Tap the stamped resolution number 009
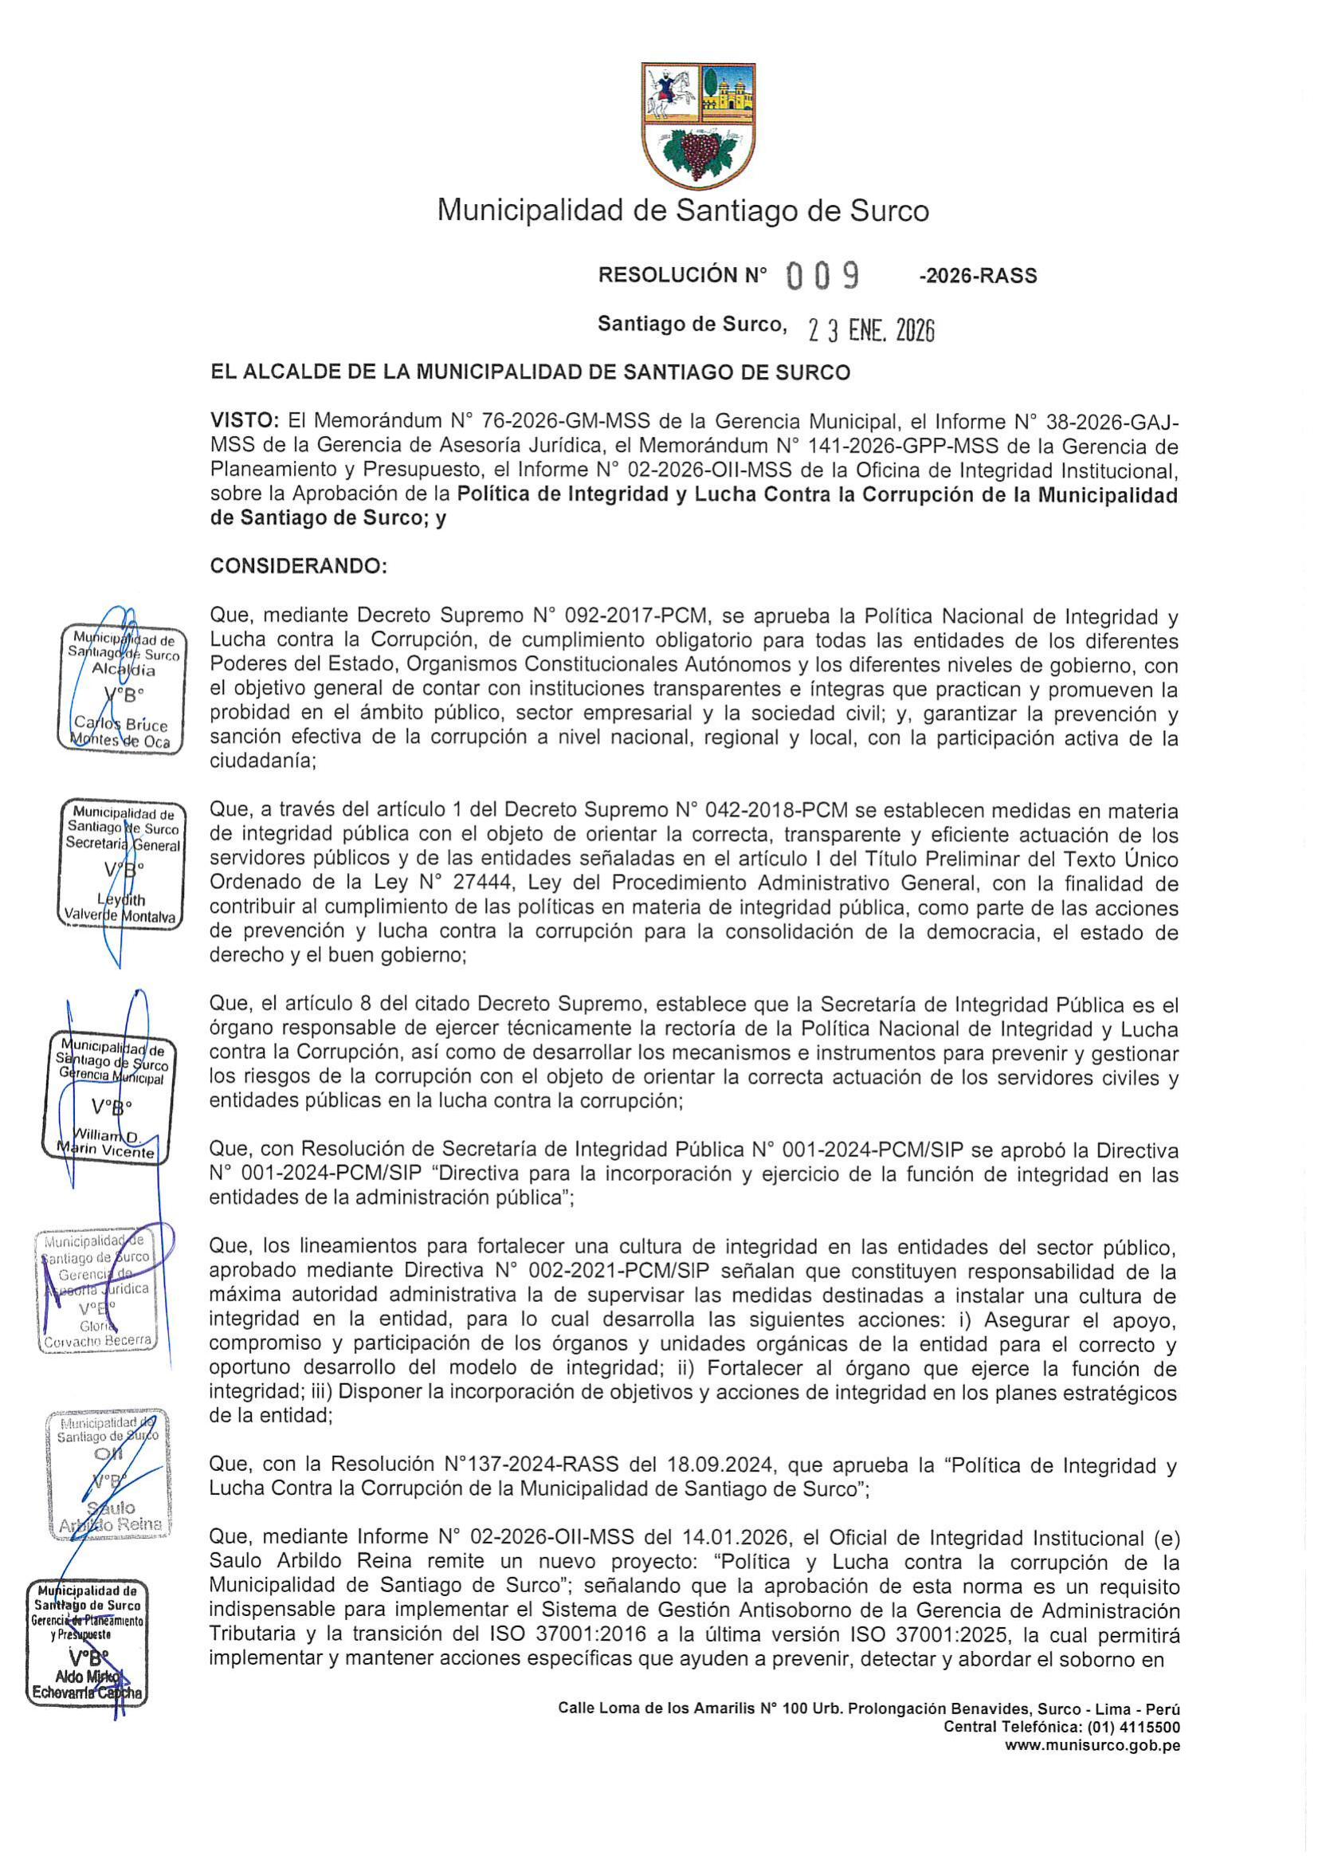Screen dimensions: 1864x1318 point(823,278)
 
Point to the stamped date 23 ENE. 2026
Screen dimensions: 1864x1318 point(871,330)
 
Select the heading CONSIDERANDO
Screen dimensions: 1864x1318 point(299,567)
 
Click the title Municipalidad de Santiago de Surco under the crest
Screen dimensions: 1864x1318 point(683,211)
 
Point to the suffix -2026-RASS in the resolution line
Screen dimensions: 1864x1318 point(977,277)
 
